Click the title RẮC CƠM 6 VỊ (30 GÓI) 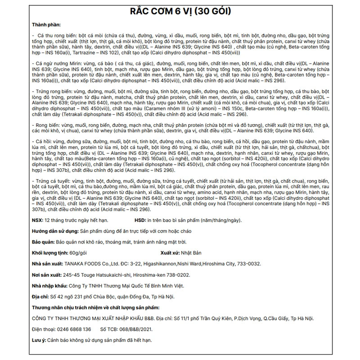(x=180, y=11)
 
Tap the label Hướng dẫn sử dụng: (x=54, y=230)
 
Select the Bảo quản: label (x=44, y=241)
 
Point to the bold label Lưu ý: (x=38, y=340)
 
